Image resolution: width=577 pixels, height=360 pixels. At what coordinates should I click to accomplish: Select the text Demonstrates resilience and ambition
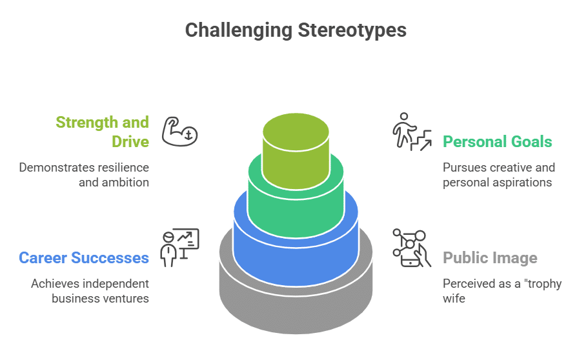click(x=84, y=175)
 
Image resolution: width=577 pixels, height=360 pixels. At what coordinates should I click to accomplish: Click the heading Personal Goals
click(x=497, y=141)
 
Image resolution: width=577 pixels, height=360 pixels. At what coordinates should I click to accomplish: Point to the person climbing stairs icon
click(x=412, y=132)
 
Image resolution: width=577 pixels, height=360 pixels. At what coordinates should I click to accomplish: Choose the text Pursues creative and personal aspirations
click(x=498, y=175)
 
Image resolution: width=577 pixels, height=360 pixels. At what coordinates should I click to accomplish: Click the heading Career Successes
click(x=84, y=258)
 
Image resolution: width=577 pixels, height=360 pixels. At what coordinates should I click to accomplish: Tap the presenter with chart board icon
click(x=179, y=248)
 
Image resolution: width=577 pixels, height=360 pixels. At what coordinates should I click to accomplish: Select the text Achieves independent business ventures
click(x=90, y=291)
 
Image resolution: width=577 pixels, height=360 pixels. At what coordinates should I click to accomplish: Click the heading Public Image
click(x=490, y=259)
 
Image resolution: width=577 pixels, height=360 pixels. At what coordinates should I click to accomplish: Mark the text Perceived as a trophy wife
click(x=501, y=291)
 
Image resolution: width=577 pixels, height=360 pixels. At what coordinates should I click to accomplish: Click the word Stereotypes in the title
click(x=352, y=30)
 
